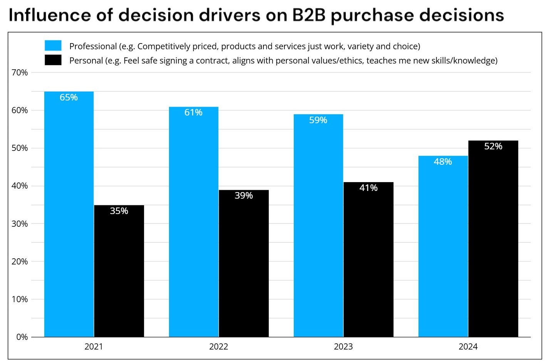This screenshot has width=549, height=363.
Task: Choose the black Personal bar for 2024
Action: [x=493, y=239]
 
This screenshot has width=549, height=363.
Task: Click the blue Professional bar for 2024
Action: [x=443, y=246]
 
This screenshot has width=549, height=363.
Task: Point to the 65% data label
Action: [x=69, y=97]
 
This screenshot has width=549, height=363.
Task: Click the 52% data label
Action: [x=493, y=146]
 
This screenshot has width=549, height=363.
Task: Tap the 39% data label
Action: [x=244, y=196]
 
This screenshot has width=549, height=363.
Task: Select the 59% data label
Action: [x=318, y=120]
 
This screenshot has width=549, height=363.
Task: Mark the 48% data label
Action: [x=443, y=162]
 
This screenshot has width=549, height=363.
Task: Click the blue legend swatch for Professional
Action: [x=53, y=46]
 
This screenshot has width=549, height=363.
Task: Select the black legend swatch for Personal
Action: [x=53, y=60]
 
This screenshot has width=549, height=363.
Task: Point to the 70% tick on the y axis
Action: [x=20, y=72]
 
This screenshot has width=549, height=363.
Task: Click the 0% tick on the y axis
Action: [x=22, y=337]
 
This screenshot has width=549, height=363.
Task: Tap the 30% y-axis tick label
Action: [x=20, y=224]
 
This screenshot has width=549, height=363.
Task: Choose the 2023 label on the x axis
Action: [x=343, y=346]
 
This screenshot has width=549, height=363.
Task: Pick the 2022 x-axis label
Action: [x=218, y=346]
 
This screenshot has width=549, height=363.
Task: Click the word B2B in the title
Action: [x=309, y=15]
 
